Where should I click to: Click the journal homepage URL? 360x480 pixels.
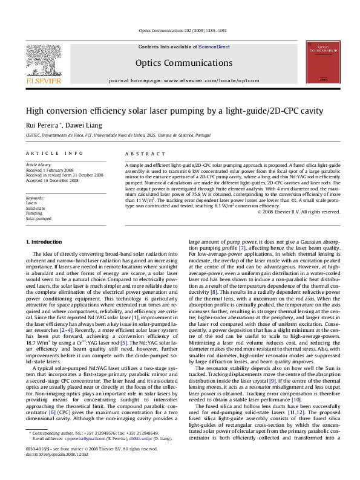point(180,80)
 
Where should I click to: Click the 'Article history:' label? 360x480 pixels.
point(39,164)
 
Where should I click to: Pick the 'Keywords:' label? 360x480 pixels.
point(36,198)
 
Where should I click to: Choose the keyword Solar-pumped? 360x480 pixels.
point(38,218)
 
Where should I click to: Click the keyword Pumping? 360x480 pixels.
point(34,213)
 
